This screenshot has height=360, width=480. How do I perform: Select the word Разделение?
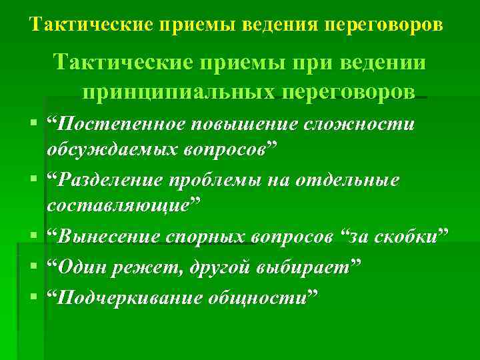[110, 181]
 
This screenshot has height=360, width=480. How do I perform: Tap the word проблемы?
[221, 181]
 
